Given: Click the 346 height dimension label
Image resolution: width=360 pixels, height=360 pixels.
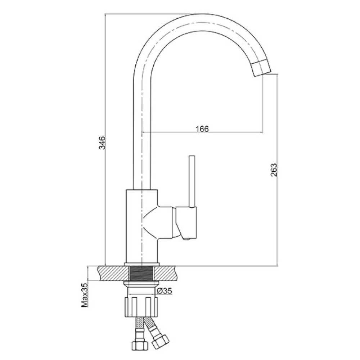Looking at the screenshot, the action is coord(102,143).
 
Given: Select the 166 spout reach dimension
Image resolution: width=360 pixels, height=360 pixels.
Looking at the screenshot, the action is coord(202,129).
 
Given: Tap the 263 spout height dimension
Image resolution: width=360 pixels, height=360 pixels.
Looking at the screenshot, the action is coord(274,170).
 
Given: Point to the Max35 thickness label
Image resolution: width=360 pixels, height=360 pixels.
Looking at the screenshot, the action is coord(85,295).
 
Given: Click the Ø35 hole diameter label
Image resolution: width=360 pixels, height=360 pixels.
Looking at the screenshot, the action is coord(164,291).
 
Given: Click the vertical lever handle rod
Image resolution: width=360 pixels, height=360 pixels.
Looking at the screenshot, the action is coord(192,181).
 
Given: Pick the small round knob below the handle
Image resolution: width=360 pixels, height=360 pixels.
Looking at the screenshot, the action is coord(187,239).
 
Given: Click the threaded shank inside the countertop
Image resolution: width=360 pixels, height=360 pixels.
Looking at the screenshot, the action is coord(141,274).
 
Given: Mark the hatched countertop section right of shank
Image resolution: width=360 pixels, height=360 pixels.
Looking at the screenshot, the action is coord(166,274).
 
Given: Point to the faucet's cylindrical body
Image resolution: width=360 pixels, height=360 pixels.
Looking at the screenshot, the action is coord(141,226).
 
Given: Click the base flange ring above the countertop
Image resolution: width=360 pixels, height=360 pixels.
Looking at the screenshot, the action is coord(141,265).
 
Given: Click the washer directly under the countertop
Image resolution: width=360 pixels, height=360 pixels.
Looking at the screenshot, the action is coord(141,283).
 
